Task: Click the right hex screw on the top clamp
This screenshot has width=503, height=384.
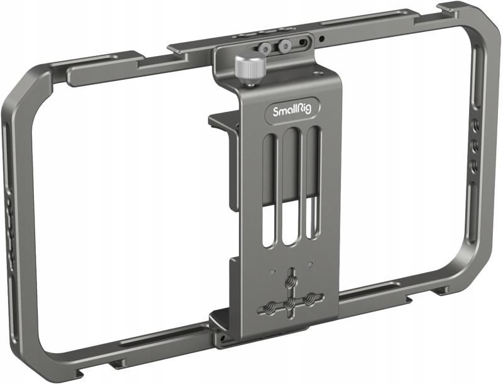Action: [x=285, y=45]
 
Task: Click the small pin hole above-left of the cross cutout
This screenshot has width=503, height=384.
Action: [x=272, y=272]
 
